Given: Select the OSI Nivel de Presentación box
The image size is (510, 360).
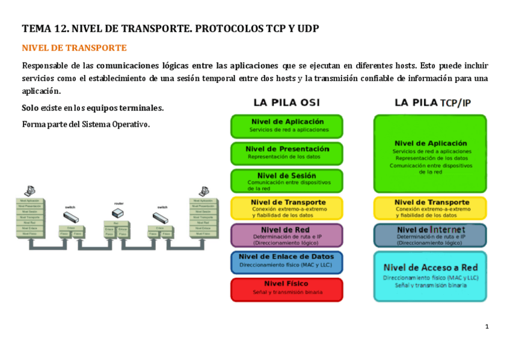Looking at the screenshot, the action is [286, 153].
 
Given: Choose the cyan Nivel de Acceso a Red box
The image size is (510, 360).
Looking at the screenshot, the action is [430, 276].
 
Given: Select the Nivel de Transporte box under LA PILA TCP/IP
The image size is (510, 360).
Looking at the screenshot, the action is [430, 208].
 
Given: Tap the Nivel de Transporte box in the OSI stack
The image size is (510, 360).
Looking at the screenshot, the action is [286, 208].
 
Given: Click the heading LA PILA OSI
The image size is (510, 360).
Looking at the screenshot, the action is [286, 103].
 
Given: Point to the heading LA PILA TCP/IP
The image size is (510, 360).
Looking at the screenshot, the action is [432, 103].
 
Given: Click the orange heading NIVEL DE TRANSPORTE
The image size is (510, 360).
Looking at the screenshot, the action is [74, 47].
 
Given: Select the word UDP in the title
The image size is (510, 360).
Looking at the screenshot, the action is [306, 28].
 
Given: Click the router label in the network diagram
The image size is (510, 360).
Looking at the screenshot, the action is [118, 204].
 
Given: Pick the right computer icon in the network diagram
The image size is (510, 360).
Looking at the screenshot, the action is [203, 191].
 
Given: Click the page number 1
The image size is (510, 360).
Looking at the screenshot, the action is [487, 326].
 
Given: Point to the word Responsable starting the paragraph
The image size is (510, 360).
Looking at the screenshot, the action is [45, 66].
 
